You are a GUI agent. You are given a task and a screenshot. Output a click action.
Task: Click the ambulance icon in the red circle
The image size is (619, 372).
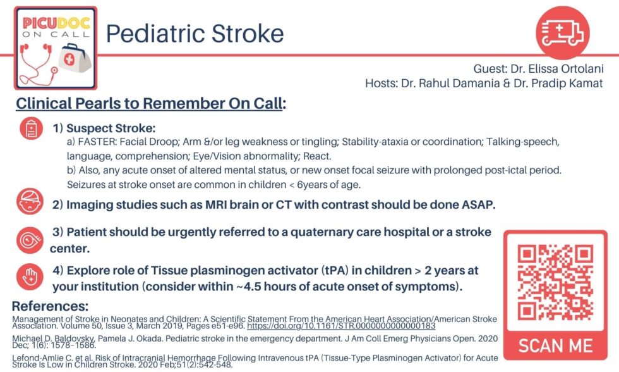pyautogui.click(x=562, y=31)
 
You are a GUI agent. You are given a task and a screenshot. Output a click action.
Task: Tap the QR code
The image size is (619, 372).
pyautogui.click(x=555, y=282)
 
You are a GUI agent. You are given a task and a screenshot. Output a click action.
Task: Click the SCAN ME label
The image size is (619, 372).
pyautogui.click(x=555, y=346)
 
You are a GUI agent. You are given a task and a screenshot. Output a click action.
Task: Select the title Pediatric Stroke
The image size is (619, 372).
pyautogui.click(x=194, y=33)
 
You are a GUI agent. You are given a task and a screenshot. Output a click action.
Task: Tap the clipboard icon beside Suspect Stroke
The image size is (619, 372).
pyautogui.click(x=30, y=128)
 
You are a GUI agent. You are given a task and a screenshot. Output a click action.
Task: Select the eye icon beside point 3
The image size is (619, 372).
pyautogui.click(x=30, y=239)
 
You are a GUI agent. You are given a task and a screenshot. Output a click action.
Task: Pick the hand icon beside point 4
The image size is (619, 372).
pyautogui.click(x=30, y=276)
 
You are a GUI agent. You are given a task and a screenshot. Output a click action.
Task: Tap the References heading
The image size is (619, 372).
pyautogui.click(x=50, y=306)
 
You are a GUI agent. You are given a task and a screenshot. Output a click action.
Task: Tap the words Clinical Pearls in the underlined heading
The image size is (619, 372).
pyautogui.click(x=70, y=103)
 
